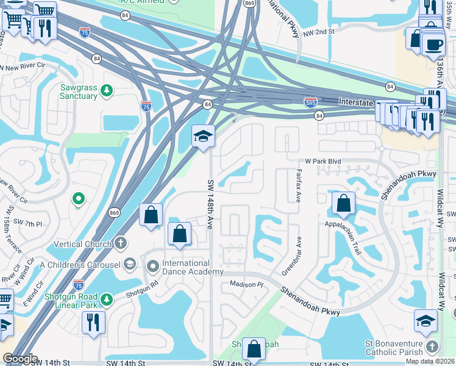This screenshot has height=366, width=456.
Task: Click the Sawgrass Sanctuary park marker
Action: click(x=107, y=91)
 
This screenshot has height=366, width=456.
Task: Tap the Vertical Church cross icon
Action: click(x=121, y=243)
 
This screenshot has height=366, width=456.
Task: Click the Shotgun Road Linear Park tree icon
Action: click(x=107, y=300)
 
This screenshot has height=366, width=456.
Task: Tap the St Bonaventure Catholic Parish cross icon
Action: click(x=432, y=346)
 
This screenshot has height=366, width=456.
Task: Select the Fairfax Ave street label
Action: click(x=299, y=186)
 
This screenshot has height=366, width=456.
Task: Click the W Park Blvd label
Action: click(x=322, y=162)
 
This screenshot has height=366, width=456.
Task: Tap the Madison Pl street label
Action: click(x=246, y=285)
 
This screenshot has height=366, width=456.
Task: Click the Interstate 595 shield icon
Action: click(x=310, y=102)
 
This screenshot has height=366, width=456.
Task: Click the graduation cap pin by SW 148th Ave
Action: click(x=203, y=135)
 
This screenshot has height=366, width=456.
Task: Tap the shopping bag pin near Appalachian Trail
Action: click(x=344, y=203)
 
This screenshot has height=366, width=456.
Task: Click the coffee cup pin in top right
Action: click(x=433, y=45)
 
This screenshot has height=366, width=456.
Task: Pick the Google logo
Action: click(x=20, y=359)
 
